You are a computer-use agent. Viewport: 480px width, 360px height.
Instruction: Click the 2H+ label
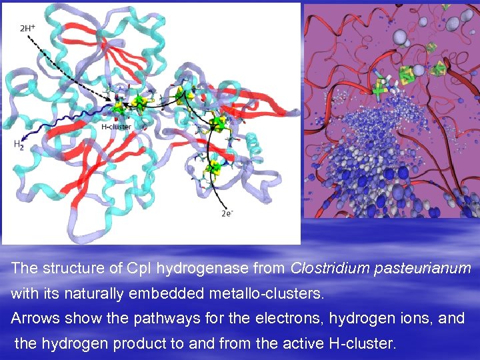pyautogui.click(x=28, y=28)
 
